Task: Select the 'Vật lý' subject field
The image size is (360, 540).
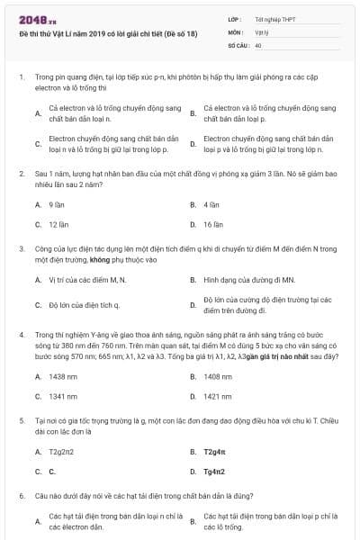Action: pyautogui.click(x=262, y=31)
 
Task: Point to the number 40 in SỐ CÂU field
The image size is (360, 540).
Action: pyautogui.click(x=258, y=44)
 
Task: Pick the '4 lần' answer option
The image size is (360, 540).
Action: pyautogui.click(x=211, y=204)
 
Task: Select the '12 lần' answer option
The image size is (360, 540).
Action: pyautogui.click(x=58, y=224)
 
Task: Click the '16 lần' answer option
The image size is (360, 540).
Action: pyautogui.click(x=213, y=224)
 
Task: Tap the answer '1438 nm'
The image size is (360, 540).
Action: pyautogui.click(x=62, y=375)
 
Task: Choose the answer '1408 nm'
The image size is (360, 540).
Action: pyautogui.click(x=218, y=375)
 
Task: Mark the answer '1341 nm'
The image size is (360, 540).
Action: pyautogui.click(x=62, y=396)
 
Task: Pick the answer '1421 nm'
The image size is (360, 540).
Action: pyautogui.click(x=218, y=396)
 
